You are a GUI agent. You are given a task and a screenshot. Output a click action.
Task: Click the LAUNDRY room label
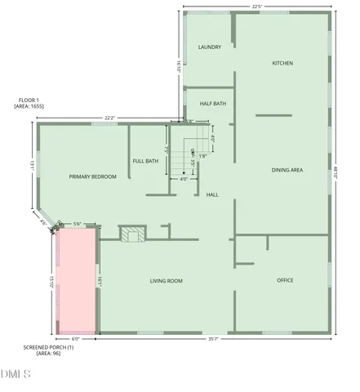click(x=210, y=47)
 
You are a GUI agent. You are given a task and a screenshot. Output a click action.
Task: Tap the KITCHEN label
click(x=282, y=63)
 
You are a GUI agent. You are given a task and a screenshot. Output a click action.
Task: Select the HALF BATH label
click(x=213, y=103)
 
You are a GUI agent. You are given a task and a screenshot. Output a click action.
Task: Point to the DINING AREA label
click(x=287, y=170)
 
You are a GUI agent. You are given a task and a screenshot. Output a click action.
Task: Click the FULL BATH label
click(x=146, y=161)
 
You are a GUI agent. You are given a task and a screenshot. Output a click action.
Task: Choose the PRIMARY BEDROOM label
click(x=92, y=176)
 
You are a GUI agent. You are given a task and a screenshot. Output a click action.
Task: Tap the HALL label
click(x=212, y=195)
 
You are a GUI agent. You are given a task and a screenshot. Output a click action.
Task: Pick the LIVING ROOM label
click(x=166, y=281)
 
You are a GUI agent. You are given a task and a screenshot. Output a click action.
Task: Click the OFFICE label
click(x=285, y=280)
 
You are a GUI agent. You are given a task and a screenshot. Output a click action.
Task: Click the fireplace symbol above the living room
click(x=131, y=235)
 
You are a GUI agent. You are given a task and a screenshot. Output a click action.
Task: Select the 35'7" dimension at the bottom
click(x=215, y=340)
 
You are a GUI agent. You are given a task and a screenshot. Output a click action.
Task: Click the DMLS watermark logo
click(x=15, y=375)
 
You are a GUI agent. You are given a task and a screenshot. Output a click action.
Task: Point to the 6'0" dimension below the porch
click(x=76, y=340)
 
